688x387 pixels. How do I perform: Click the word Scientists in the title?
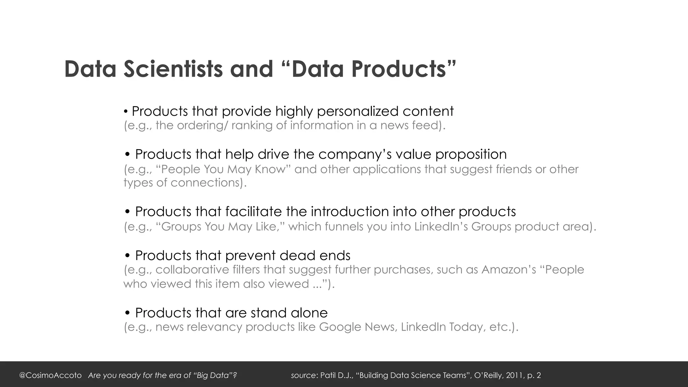point(173,69)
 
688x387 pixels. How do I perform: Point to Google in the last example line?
point(340,327)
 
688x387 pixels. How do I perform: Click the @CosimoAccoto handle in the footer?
point(50,375)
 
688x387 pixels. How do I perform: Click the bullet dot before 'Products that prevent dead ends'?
point(127,256)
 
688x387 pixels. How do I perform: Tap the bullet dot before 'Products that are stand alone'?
point(127,313)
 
